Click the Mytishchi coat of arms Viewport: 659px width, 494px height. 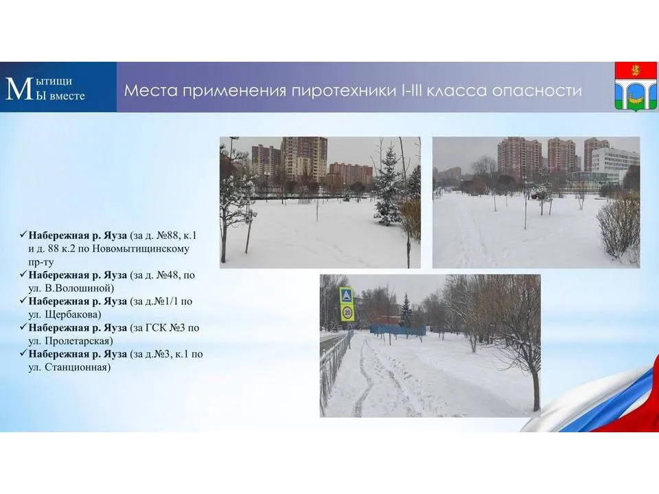coord(635,86)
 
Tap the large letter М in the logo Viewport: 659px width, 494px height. coord(19,89)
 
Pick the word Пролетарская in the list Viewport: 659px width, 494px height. coord(80,340)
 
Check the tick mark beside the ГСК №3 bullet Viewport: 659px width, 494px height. coord(23,327)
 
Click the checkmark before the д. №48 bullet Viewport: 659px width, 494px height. coord(23,274)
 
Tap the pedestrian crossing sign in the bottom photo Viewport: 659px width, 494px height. coord(347,296)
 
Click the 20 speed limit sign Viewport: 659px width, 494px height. coord(347,313)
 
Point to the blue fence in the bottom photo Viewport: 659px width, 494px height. coord(397,330)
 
